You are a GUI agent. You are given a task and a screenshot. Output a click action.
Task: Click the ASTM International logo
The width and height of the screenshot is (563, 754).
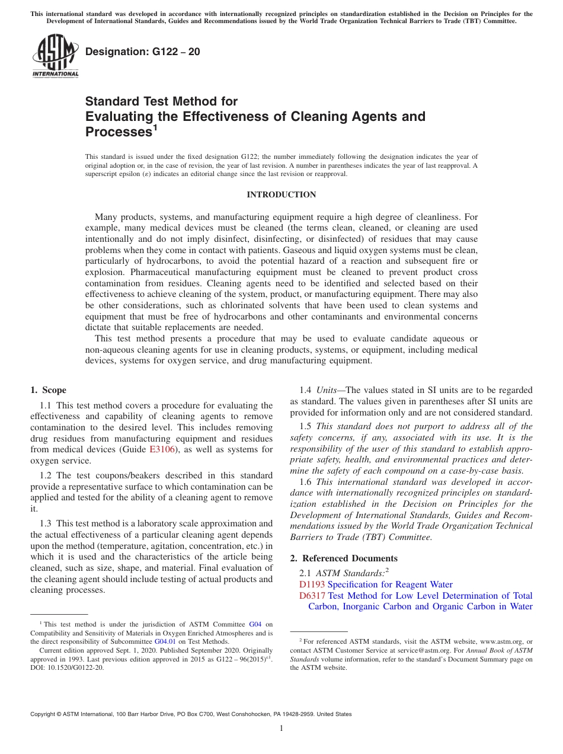[x=55, y=56]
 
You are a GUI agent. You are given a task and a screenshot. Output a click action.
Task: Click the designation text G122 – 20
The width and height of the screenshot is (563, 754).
[x=142, y=52]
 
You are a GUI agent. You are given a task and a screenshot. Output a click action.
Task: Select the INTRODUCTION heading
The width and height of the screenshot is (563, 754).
[x=281, y=194]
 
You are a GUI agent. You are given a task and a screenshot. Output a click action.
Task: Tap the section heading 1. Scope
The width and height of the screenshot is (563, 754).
[x=48, y=390]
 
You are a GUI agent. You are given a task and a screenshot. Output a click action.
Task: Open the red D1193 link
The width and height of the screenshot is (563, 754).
[x=312, y=584]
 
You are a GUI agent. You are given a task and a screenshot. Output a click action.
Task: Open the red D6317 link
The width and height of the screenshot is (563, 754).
[x=312, y=596]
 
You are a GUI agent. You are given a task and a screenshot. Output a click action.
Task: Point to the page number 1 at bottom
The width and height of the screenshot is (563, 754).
[x=281, y=729]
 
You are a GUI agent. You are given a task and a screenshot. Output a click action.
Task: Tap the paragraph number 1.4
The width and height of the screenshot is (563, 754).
[x=305, y=390]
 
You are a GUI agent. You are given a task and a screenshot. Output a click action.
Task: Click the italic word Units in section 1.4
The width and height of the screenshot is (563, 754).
[x=328, y=390]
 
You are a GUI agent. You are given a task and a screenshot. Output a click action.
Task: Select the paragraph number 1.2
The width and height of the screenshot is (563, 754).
[x=47, y=475]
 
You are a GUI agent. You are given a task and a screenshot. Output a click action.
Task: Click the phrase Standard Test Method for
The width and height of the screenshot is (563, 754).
[x=161, y=101]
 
